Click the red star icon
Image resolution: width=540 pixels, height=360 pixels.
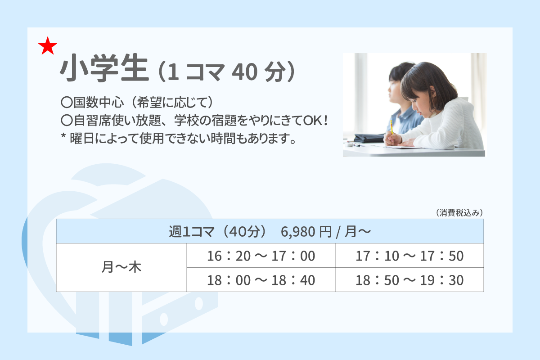[x=48, y=46]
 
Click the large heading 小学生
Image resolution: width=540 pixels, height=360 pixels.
[x=104, y=68]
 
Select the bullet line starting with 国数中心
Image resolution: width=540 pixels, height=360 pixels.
[x=137, y=102]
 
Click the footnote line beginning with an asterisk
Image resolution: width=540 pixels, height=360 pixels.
[x=178, y=139]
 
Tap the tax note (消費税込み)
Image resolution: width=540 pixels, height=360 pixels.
[x=459, y=213]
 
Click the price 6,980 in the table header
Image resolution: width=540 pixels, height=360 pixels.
[x=298, y=232]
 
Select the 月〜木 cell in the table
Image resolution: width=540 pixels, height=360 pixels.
[x=121, y=267]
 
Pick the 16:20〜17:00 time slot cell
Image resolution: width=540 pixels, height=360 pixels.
[x=261, y=256]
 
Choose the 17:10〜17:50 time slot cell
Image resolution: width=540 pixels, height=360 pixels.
[x=409, y=256]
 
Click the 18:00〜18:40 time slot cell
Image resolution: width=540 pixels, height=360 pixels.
[x=261, y=280]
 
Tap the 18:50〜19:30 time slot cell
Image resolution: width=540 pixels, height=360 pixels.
[x=409, y=280]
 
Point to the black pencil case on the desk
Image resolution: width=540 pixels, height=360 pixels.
[x=369, y=138]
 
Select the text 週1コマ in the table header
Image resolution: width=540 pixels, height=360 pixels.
[x=191, y=232]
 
